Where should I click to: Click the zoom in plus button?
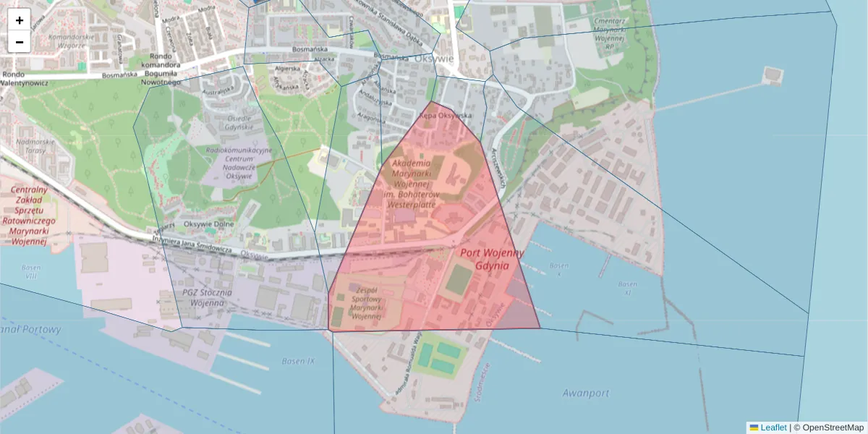20,20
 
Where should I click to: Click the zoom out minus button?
20,42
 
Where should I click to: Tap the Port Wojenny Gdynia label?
491,259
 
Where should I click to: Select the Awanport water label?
585,393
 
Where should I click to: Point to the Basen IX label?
299,361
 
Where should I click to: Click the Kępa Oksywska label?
446,116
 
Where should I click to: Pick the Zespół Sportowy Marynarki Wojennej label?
365,302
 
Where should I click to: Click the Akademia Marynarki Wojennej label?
420,184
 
